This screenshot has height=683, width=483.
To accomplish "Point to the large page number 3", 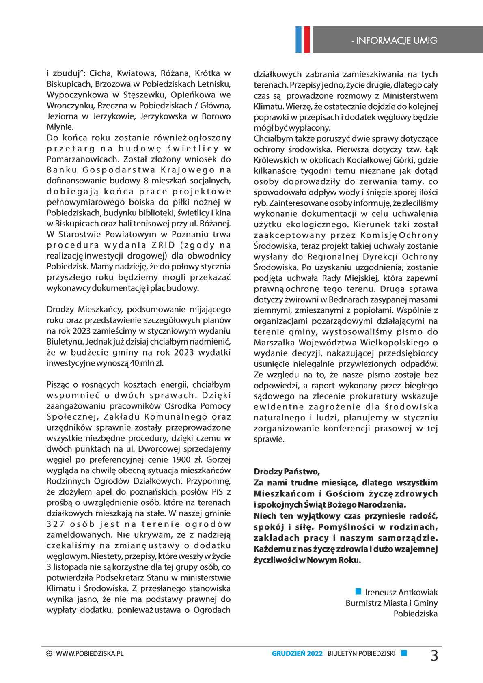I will click(434, 655).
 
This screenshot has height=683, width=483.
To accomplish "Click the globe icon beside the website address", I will click(50, 653).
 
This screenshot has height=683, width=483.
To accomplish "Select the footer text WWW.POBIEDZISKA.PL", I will click(90, 653).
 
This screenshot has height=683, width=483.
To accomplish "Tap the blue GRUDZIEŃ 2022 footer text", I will click(297, 653).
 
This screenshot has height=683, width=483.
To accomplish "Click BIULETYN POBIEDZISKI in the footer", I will click(361, 653).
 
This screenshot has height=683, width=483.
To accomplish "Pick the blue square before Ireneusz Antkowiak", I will click(358, 591).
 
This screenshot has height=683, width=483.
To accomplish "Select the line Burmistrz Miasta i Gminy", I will click(391, 603).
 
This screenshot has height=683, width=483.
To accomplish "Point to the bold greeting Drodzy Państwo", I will click(287, 472).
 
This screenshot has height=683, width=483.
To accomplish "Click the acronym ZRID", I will click(163, 245).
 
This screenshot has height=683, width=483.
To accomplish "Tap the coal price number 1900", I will click(181, 460).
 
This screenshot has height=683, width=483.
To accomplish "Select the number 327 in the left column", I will click(56, 524).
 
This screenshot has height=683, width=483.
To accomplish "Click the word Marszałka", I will click(274, 343).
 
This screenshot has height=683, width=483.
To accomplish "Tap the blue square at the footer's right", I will click(403, 653).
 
